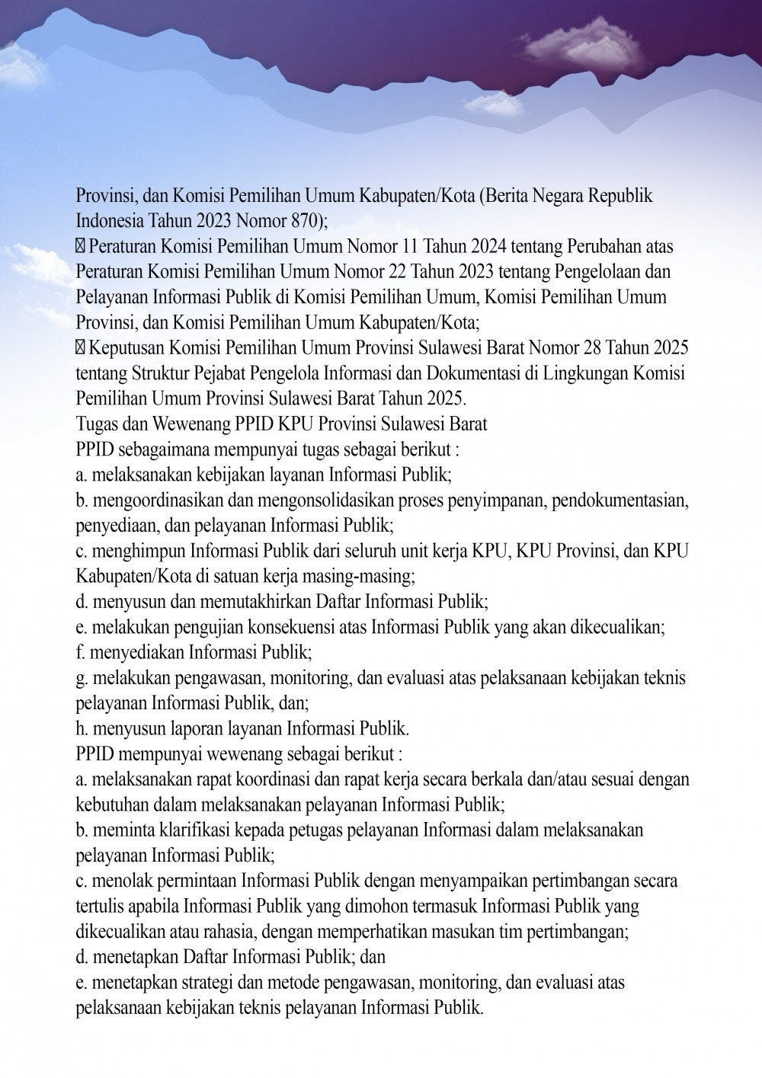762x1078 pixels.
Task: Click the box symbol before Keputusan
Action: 81,348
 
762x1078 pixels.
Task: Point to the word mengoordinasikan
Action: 147,500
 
